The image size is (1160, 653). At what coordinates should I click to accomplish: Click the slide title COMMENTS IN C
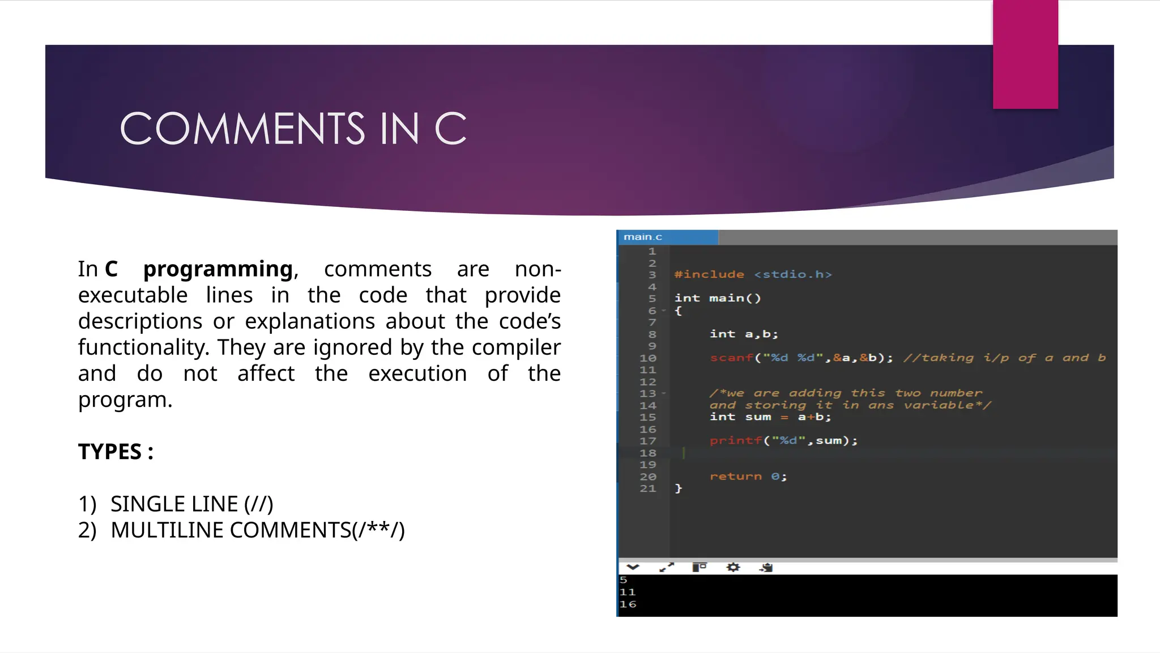click(x=293, y=128)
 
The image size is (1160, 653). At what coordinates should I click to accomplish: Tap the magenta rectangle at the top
click(x=1025, y=54)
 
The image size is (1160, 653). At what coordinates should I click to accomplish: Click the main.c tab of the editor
click(x=643, y=237)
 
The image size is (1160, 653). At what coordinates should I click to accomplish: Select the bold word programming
click(x=219, y=269)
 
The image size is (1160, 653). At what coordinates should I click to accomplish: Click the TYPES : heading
click(x=116, y=452)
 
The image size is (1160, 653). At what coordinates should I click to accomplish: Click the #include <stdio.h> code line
click(x=753, y=274)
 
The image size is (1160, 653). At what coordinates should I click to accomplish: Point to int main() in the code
click(x=718, y=298)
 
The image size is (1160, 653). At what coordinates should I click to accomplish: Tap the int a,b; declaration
click(x=744, y=334)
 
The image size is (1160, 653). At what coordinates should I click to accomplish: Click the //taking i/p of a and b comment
click(x=1004, y=358)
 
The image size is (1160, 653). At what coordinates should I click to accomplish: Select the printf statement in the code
click(x=783, y=440)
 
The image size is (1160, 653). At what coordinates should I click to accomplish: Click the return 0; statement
click(x=748, y=476)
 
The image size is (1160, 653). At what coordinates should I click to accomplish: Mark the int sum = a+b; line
click(x=770, y=417)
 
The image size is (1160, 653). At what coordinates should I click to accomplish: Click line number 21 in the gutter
click(x=648, y=489)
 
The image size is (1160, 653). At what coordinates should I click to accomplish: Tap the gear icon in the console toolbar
click(x=733, y=567)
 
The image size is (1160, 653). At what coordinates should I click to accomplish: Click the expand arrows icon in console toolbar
click(x=667, y=567)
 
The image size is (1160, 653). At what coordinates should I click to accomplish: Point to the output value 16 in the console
click(x=628, y=604)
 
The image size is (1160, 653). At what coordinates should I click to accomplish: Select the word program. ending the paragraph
click(x=125, y=400)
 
